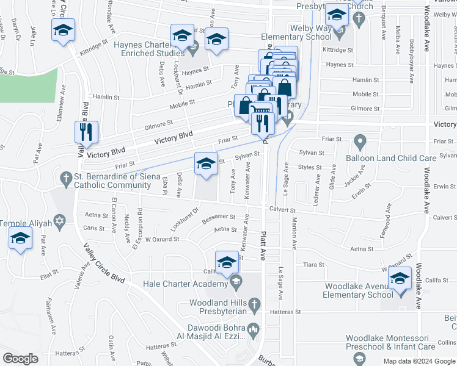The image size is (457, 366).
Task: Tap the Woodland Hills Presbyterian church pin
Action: click(x=255, y=303)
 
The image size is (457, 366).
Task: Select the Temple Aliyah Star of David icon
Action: click(x=59, y=220)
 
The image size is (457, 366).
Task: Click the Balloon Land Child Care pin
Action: click(x=360, y=143)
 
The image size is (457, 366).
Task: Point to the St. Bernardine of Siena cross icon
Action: click(x=66, y=178)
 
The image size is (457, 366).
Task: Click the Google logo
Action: click(x=20, y=359)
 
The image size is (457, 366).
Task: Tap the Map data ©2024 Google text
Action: click(x=418, y=361)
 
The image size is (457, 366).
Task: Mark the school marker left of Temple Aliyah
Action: click(x=20, y=239)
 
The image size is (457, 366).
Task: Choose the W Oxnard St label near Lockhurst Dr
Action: click(x=161, y=239)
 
